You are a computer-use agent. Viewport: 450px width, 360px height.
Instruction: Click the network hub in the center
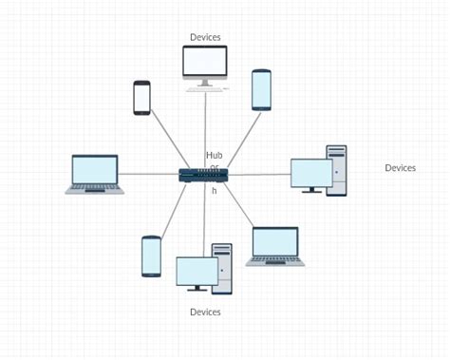204,175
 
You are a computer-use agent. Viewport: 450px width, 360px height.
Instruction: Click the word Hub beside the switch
214,155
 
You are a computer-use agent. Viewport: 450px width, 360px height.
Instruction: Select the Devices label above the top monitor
205,37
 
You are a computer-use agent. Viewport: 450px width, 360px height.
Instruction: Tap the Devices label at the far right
400,168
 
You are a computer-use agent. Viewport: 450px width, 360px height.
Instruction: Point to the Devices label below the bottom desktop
205,312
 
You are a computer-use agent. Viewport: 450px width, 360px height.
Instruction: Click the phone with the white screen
141,98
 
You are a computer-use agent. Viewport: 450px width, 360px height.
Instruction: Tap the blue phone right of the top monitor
261,90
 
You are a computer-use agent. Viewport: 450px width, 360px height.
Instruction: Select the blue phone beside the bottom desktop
151,256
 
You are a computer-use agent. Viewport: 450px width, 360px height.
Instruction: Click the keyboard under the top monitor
205,89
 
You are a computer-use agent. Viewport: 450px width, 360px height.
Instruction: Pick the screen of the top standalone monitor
205,62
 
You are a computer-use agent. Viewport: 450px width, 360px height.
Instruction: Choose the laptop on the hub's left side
95,174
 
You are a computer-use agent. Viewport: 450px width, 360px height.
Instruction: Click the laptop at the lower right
275,245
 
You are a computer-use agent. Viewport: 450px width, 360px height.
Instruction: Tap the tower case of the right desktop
336,170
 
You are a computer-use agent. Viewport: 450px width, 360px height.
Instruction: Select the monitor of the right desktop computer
310,173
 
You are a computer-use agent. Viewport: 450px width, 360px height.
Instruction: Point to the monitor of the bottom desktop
197,272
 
